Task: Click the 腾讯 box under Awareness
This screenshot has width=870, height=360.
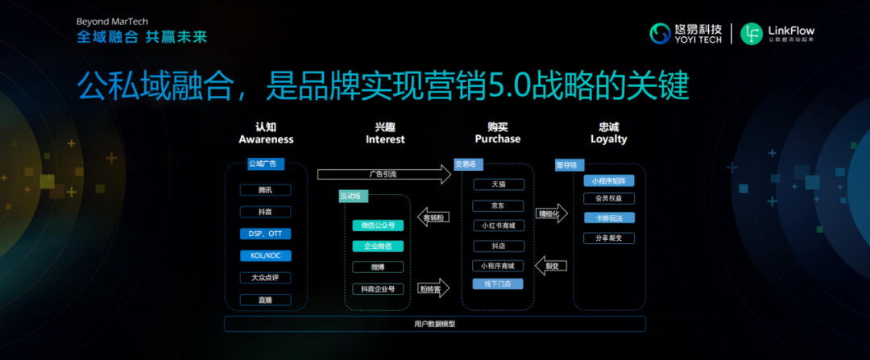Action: pos(265,190)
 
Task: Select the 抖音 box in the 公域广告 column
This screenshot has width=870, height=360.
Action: pos(265,212)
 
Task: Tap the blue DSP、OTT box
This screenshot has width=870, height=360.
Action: pos(265,234)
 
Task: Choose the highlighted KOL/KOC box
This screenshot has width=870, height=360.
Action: pos(265,255)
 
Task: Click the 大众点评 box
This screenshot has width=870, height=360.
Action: pos(265,278)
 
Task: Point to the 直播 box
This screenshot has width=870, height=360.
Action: pos(265,300)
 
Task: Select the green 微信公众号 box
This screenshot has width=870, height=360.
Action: pos(378,226)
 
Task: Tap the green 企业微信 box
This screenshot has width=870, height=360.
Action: pos(378,246)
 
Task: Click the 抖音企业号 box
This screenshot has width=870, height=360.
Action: pos(378,288)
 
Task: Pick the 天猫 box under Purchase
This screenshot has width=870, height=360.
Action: pos(498,184)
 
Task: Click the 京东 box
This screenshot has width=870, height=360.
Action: pos(498,205)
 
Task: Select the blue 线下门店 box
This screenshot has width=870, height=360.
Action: pos(498,283)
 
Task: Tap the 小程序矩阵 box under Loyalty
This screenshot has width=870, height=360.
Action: pos(608,181)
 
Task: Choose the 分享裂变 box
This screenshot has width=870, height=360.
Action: pos(608,238)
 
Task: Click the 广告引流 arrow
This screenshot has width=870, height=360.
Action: pos(383,173)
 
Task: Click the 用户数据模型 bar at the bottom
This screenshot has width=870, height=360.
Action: pos(435,324)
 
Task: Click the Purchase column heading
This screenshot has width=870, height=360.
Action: pos(497,133)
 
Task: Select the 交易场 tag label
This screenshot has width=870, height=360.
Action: pos(466,164)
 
